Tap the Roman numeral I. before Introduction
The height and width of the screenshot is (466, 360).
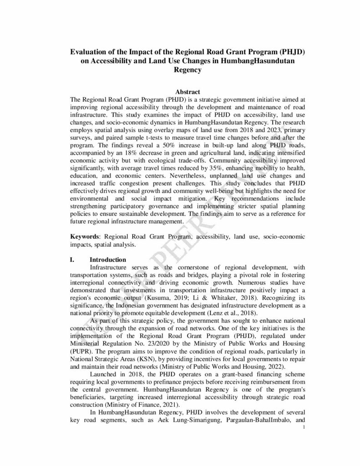[x=72, y=260]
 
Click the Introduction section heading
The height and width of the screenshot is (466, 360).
[x=108, y=260]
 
